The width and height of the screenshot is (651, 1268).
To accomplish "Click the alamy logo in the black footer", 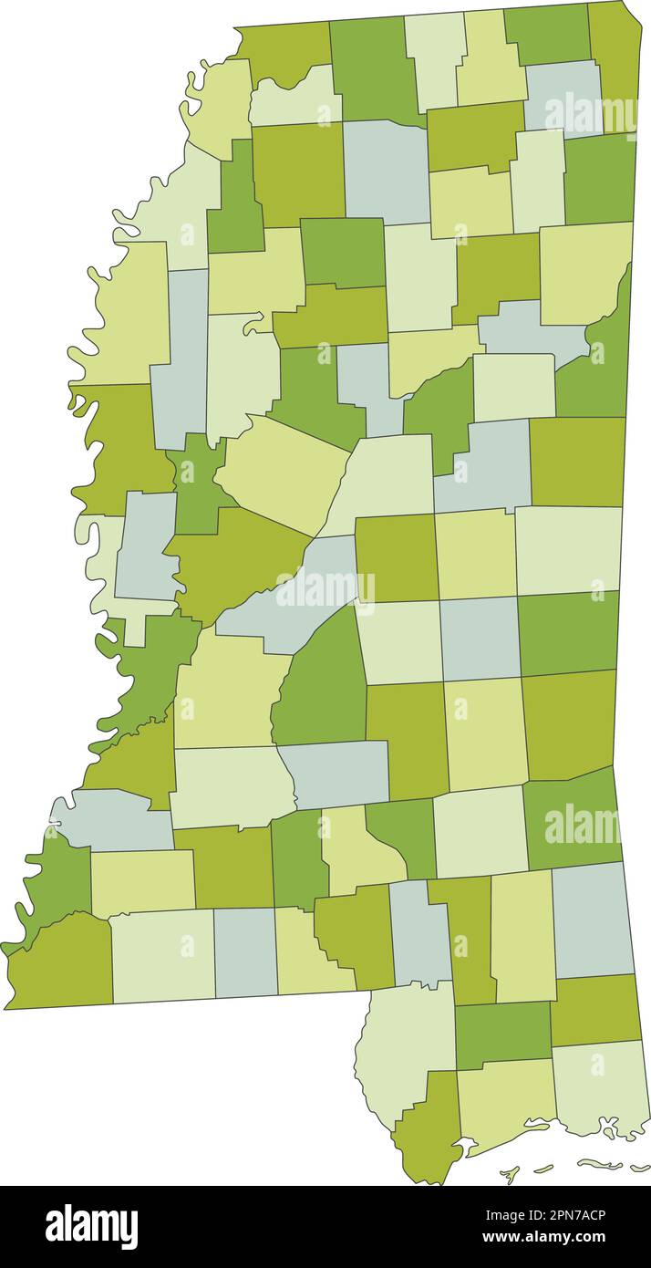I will [x=92, y=1226].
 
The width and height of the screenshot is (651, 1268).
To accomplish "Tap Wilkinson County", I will [x=59, y=962].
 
